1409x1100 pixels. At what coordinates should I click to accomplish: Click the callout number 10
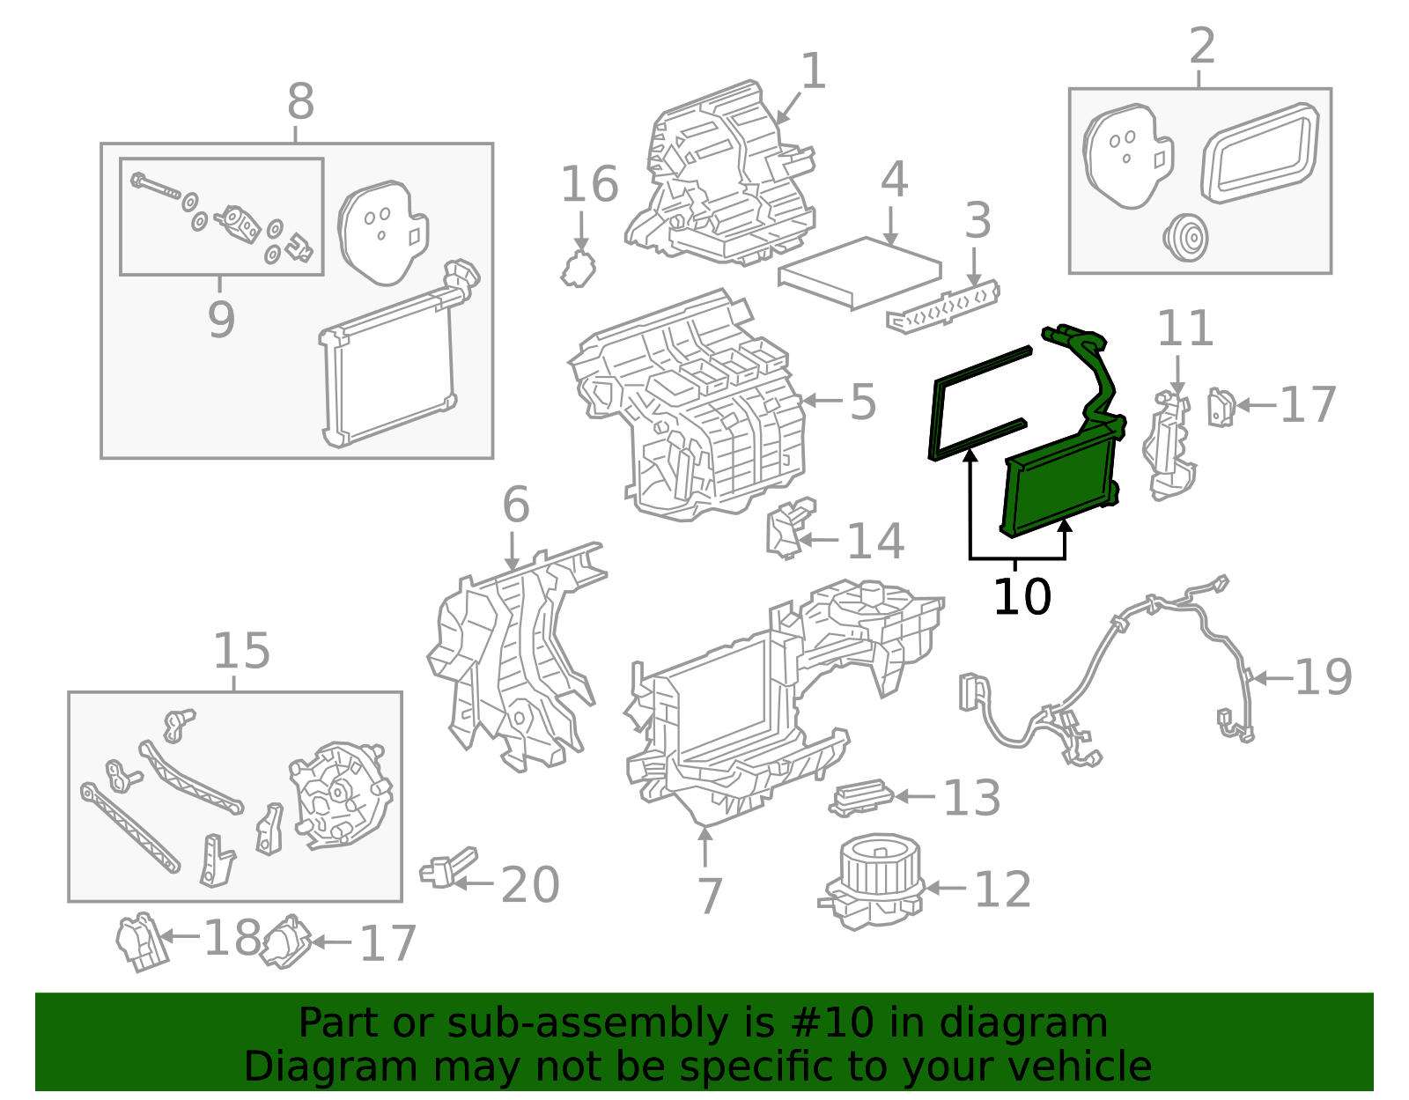[x=1022, y=597]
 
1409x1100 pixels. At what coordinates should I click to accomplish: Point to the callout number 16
[x=589, y=185]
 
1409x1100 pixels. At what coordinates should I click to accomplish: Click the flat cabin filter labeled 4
[x=859, y=271]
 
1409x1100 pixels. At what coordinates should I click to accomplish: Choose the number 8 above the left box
[x=300, y=102]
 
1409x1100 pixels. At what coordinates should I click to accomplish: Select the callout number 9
[x=221, y=319]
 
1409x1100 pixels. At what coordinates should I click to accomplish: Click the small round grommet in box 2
[x=1185, y=237]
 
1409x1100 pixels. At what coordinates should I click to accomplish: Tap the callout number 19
[x=1323, y=677]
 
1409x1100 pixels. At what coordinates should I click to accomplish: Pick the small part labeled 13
[x=860, y=796]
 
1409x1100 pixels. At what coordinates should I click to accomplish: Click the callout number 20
[x=530, y=885]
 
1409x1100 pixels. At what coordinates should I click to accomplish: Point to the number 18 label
[x=232, y=938]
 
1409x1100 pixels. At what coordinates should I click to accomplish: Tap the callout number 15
[x=241, y=652]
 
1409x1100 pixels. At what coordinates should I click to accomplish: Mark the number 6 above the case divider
[x=516, y=506]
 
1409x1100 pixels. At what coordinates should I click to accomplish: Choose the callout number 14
[x=874, y=541]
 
